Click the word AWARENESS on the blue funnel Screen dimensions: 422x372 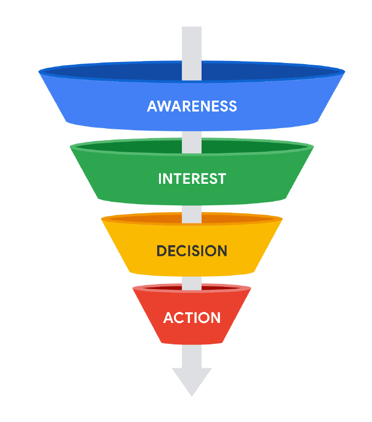tap(192, 106)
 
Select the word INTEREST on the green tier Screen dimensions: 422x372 tap(192, 179)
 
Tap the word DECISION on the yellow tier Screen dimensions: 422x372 tap(192, 251)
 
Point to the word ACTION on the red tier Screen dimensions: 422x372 tap(192, 317)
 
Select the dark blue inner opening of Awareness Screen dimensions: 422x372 tap(130, 72)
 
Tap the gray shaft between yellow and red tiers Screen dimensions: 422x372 tap(192, 281)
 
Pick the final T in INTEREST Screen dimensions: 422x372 tap(221, 179)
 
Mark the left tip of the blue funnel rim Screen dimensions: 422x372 tap(40, 72)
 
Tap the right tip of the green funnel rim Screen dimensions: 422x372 tap(313, 147)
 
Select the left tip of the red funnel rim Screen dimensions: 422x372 tap(133, 289)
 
